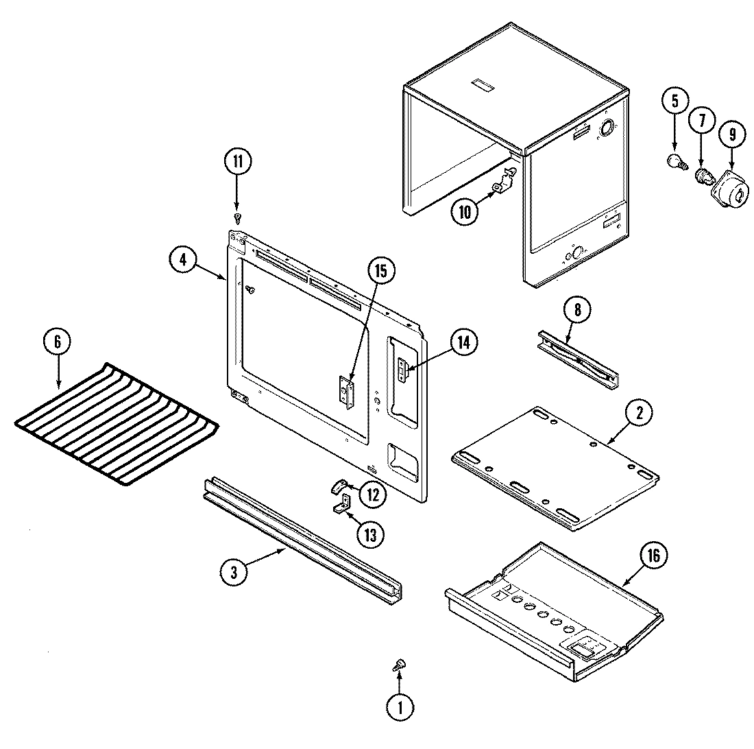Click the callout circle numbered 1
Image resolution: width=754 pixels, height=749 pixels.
[x=401, y=706]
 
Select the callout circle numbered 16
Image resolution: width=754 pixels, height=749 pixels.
[x=653, y=556]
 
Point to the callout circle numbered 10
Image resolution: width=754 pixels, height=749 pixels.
[x=465, y=212]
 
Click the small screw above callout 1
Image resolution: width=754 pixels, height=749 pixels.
[x=399, y=664]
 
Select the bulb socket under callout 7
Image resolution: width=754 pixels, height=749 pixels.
[x=703, y=176]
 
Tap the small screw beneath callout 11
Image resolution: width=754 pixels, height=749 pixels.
[x=238, y=218]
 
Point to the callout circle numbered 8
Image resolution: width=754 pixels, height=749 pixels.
[x=576, y=309]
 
